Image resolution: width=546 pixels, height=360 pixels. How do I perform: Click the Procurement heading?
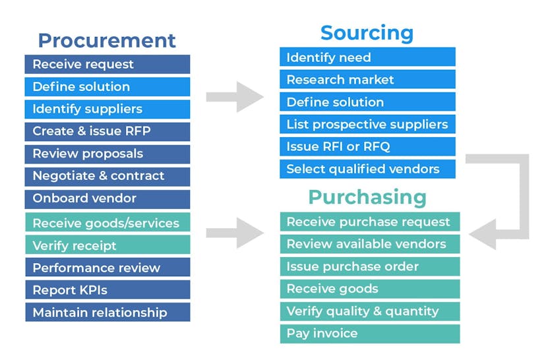(107, 40)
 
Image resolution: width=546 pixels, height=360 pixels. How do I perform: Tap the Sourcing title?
(367, 33)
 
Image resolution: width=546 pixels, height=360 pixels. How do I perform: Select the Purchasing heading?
(367, 197)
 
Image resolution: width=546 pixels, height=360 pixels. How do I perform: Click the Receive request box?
(107, 64)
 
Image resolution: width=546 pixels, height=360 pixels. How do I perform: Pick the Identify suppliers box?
(107, 109)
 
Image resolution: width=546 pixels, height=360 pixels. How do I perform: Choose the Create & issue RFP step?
(107, 131)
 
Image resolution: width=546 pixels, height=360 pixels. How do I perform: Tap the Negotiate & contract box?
(107, 176)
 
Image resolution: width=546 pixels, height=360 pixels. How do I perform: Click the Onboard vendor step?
(107, 198)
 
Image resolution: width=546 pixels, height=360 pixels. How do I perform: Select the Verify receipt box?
(107, 245)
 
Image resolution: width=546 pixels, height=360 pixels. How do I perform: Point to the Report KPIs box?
(107, 290)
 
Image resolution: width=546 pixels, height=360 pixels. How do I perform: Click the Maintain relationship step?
(107, 313)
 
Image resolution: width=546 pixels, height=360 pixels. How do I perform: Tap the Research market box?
(367, 80)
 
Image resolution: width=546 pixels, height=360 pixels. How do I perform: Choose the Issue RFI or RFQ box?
(367, 146)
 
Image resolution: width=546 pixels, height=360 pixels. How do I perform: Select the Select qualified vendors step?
(367, 169)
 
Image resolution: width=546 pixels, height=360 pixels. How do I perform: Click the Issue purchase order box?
(369, 266)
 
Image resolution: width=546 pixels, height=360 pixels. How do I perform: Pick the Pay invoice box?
(369, 334)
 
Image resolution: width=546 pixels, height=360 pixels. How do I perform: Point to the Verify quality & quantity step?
(369, 311)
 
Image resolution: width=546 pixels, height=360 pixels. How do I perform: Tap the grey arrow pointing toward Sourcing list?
(234, 97)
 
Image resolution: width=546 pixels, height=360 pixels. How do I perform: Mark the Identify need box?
(367, 57)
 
